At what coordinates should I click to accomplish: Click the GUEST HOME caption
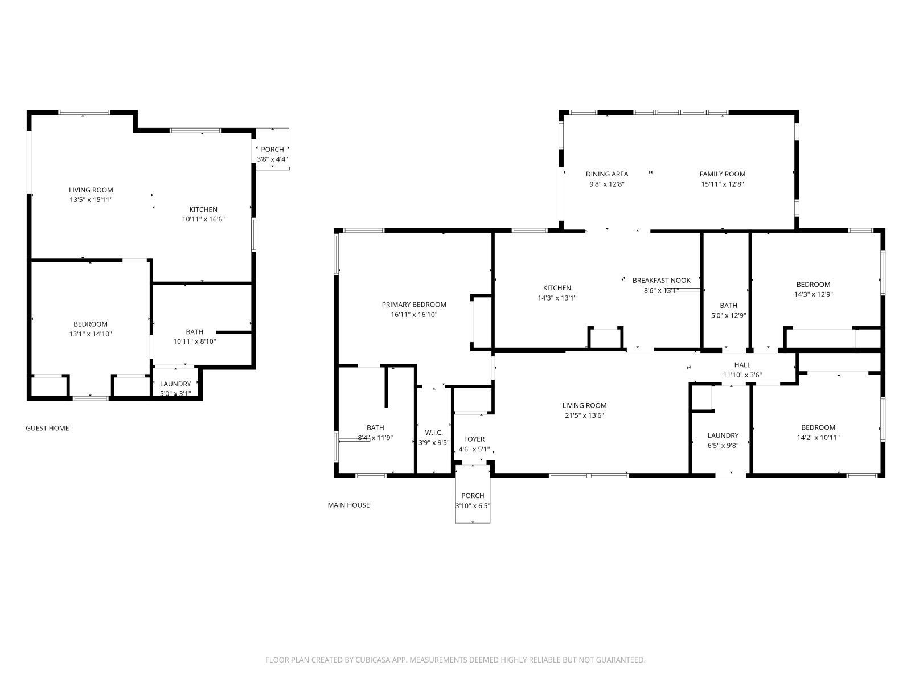[x=47, y=428]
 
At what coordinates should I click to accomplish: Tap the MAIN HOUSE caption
[x=348, y=505]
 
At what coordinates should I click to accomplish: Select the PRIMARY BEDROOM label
[x=414, y=305]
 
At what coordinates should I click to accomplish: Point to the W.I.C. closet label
[x=434, y=433]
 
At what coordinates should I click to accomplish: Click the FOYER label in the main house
[x=474, y=439]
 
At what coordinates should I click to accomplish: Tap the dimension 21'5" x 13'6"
[x=584, y=415]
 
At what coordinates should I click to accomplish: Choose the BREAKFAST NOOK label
[x=661, y=281]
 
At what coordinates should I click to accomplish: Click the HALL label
[x=742, y=365]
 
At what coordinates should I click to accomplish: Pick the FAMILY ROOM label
[x=722, y=174]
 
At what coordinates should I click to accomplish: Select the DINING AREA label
[x=607, y=174]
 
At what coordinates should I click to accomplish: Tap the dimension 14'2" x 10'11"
[x=818, y=438]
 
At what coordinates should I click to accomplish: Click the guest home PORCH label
[x=272, y=150]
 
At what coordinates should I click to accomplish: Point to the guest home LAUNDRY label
[x=175, y=384]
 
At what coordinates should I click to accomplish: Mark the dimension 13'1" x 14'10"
[x=90, y=334]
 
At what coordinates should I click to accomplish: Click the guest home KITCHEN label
[x=203, y=209]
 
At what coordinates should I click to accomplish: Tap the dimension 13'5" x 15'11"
[x=91, y=200]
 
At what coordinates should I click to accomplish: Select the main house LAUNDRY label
[x=723, y=435]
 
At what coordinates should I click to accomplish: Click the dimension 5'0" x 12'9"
[x=728, y=315]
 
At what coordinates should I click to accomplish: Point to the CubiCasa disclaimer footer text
[x=455, y=660]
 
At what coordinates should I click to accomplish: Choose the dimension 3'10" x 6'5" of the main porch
[x=473, y=506]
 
